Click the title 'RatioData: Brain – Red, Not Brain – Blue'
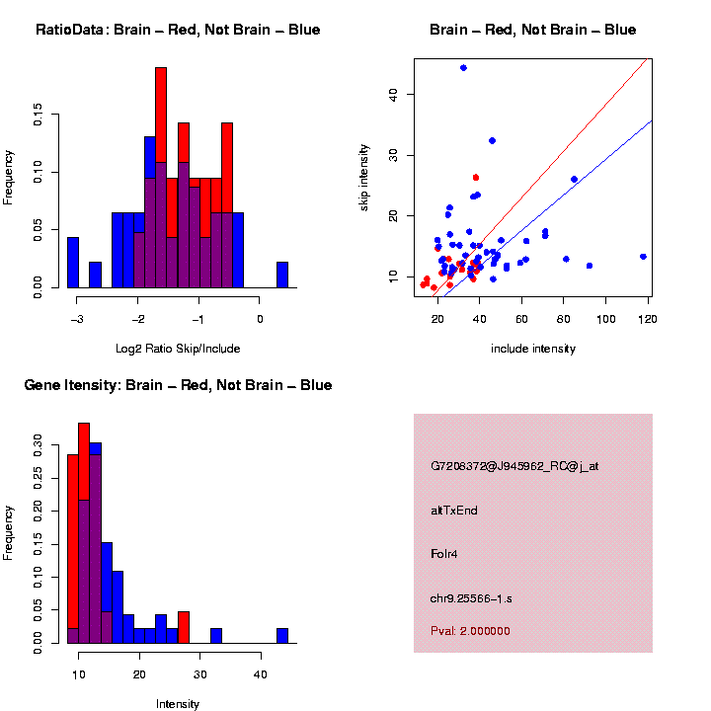coord(178,30)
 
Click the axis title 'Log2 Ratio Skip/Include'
coord(178,348)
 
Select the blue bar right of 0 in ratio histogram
coord(282,276)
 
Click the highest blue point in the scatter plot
coord(463,68)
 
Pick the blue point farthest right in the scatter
coord(643,257)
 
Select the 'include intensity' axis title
coord(533,348)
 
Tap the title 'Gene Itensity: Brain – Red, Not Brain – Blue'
coord(178,385)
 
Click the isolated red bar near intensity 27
coord(184,628)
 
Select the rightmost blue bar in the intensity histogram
coord(282,636)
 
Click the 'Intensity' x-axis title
coord(178,704)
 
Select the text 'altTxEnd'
coord(454,511)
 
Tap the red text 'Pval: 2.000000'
coord(470,631)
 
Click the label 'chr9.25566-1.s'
coord(471,598)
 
